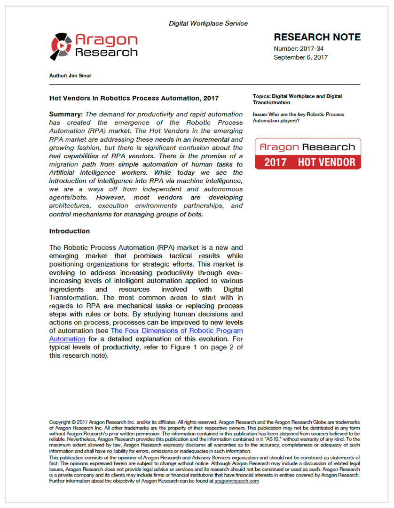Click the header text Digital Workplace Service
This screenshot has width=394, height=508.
click(208, 23)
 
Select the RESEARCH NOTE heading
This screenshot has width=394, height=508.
click(317, 37)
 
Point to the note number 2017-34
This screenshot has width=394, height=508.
click(311, 49)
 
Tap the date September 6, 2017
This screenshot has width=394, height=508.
click(300, 57)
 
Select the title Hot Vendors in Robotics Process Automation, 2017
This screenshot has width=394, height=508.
click(134, 98)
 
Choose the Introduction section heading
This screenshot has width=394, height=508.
click(69, 231)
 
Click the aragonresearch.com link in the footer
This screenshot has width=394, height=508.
click(236, 481)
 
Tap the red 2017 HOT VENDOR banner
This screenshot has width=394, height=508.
click(308, 162)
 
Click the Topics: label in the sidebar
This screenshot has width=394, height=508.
click(261, 96)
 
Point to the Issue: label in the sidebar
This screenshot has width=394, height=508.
click(260, 115)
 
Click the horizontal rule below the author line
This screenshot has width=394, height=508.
click(205, 84)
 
